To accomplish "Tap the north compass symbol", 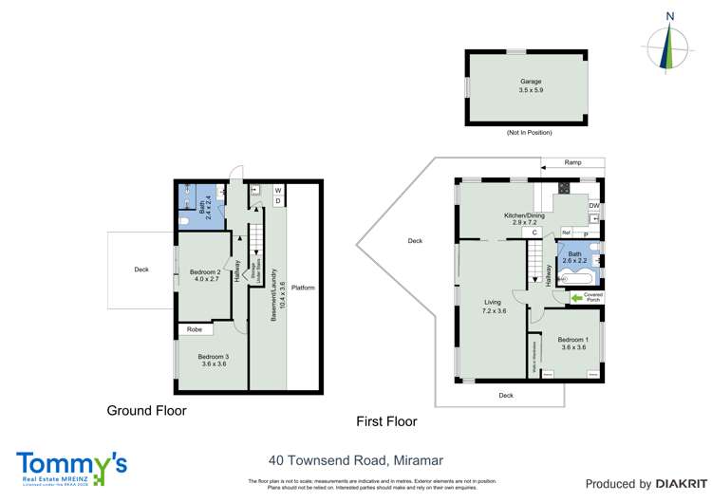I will tap(670, 45).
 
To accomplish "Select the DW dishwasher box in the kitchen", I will tap(593, 206).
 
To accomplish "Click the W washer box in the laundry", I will tap(278, 189).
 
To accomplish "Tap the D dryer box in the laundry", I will tap(278, 200).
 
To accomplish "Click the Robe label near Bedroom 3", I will tap(195, 330).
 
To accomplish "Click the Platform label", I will tap(304, 288).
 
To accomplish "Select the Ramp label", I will tap(572, 163).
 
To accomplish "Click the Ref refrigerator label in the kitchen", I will tap(567, 233).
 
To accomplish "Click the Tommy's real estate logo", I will tap(71, 467).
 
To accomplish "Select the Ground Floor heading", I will tap(146, 411).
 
